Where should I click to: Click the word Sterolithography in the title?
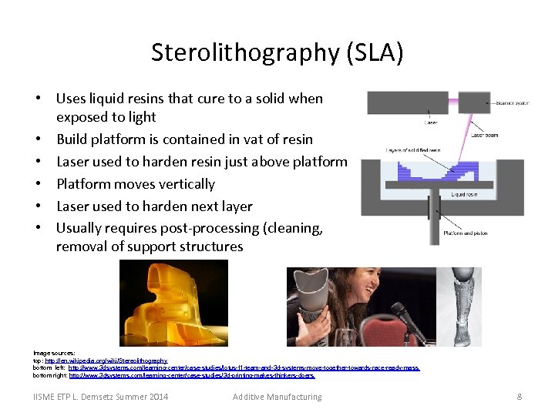click(247, 52)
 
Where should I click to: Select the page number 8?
click(520, 397)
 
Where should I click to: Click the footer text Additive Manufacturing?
click(277, 397)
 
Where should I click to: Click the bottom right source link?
click(192, 375)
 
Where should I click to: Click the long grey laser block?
click(407, 102)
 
